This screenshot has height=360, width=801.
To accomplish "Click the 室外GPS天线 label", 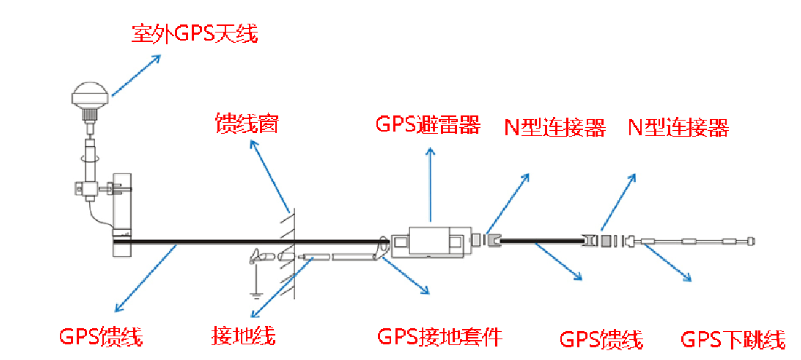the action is click(x=195, y=35).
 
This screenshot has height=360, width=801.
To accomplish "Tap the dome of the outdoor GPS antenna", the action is click(x=90, y=95).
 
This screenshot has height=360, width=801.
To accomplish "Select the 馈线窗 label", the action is click(x=246, y=124).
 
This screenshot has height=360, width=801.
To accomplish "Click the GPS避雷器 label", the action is click(x=428, y=125).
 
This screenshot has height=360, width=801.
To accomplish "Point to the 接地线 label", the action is click(x=243, y=336).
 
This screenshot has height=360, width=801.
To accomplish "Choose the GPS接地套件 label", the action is click(x=440, y=336).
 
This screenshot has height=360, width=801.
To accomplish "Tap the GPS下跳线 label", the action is click(x=733, y=340).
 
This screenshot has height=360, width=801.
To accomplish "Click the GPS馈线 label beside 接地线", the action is click(x=101, y=337).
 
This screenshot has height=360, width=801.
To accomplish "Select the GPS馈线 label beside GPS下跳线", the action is click(x=601, y=340).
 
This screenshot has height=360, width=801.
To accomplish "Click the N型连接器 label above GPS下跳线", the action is click(x=678, y=128).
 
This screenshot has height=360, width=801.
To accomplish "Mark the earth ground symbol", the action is click(x=254, y=293).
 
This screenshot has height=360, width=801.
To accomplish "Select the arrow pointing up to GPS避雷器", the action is click(x=430, y=184).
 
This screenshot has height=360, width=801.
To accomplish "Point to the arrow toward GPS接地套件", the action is click(x=405, y=275).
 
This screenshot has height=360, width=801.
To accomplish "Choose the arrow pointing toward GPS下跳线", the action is click(x=667, y=262).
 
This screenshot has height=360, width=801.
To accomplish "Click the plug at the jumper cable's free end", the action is click(x=750, y=240).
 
